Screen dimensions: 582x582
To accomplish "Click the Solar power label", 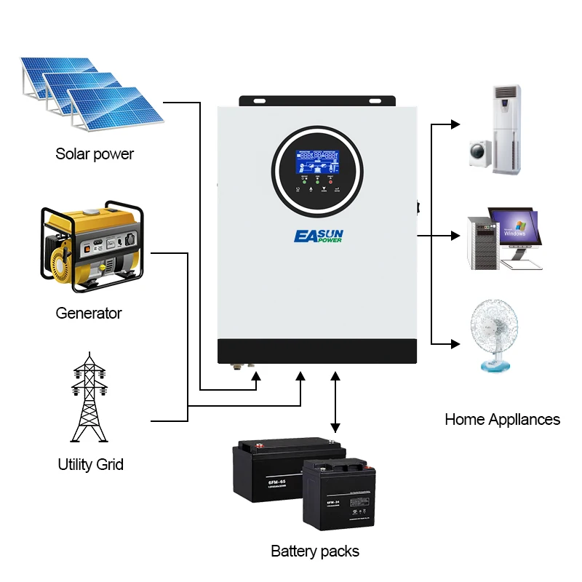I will coord(95,154).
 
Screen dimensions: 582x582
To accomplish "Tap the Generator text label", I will coord(89,314).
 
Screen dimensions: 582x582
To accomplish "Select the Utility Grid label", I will coord(91,464).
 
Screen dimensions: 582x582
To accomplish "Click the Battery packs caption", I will coord(315,551).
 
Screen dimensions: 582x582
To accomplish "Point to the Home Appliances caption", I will coord(502,419).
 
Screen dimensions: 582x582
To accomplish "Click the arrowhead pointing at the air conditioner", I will coord(455,124).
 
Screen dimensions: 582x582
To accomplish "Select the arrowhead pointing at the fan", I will coord(455,343).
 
